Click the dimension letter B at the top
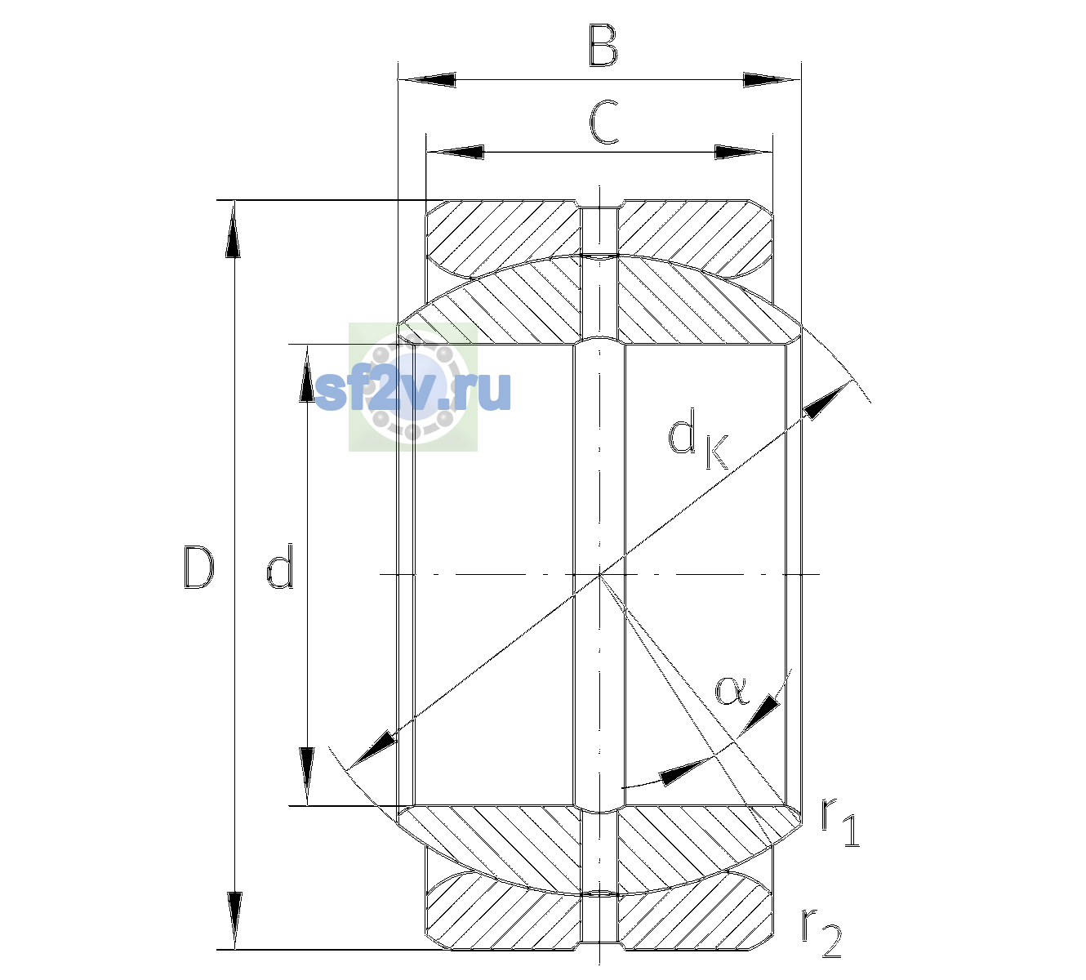pyautogui.click(x=603, y=45)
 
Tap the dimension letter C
pyautogui.click(x=603, y=122)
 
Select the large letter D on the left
pyautogui.click(x=198, y=567)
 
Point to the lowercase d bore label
pyautogui.click(x=280, y=565)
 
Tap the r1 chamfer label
pyautogui.click(x=839, y=822)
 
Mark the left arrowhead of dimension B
pyautogui.click(x=428, y=79)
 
